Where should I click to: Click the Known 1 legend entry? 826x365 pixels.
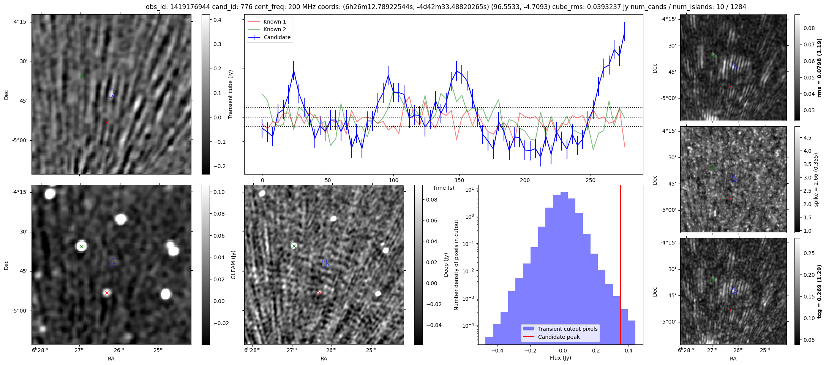click(275, 22)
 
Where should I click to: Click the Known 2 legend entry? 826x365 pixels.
click(275, 29)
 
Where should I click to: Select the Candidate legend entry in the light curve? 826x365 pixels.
click(277, 37)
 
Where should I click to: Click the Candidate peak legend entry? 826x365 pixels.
click(559, 337)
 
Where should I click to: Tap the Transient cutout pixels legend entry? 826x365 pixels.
click(567, 329)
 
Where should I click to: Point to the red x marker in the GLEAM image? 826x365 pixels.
click(107, 293)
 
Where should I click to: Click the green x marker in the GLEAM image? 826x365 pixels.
click(82, 246)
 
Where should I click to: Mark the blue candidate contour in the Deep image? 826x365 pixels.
click(325, 263)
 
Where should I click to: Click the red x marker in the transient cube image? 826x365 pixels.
click(107, 122)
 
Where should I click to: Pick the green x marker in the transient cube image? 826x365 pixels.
click(82, 76)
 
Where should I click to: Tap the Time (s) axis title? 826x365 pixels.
click(443, 188)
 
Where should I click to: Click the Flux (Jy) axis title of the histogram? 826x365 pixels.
click(560, 358)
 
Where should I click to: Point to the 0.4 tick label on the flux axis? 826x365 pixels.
click(629, 350)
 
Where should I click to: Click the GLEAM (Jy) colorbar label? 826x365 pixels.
click(233, 265)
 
